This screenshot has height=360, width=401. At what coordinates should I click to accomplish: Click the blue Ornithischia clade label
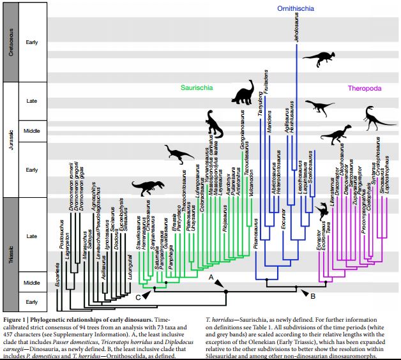tap(295, 9)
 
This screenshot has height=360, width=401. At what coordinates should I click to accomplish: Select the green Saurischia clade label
tap(196, 88)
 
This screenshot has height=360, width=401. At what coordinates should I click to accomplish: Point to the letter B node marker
tap(312, 296)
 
